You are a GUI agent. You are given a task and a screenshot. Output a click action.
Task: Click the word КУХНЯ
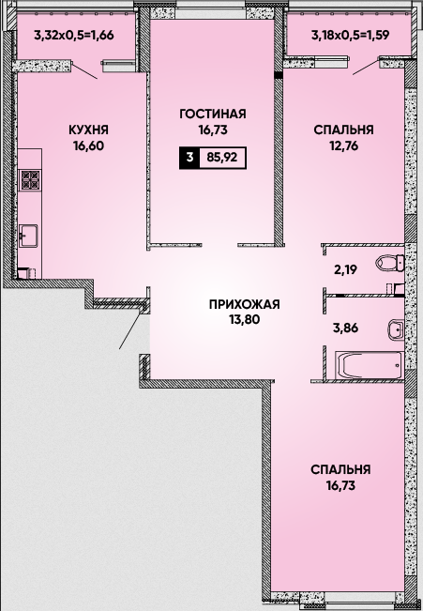pyautogui.click(x=88, y=130)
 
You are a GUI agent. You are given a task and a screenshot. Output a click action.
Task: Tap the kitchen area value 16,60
pyautogui.click(x=88, y=145)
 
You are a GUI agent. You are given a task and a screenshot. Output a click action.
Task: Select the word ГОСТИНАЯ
pyautogui.click(x=213, y=114)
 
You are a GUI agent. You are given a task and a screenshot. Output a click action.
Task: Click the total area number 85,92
pyautogui.click(x=221, y=158)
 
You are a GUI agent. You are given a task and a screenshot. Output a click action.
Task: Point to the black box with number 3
pyautogui.click(x=189, y=158)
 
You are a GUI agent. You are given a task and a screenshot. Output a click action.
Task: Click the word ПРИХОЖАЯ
pyautogui.click(x=244, y=304)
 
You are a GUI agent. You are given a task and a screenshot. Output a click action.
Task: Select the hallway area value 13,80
pyautogui.click(x=244, y=319)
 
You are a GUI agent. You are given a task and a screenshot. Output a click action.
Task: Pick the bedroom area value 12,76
pyautogui.click(x=343, y=145)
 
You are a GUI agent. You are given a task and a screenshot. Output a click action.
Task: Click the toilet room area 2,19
pyautogui.click(x=346, y=269)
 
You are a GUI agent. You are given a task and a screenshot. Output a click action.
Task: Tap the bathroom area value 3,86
pyautogui.click(x=346, y=328)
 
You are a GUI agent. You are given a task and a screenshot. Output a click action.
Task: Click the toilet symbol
pyautogui.click(x=390, y=263)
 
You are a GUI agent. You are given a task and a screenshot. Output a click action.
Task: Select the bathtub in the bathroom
pyautogui.click(x=370, y=365)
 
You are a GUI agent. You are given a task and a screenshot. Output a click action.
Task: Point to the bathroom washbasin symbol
pyautogui.click(x=396, y=330)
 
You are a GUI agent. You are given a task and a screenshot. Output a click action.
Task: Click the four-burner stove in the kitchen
pyautogui.click(x=31, y=180)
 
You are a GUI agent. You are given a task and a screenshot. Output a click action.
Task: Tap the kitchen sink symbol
pyautogui.click(x=29, y=235)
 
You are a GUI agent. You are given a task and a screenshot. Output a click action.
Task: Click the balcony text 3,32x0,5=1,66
pyautogui.click(x=74, y=36)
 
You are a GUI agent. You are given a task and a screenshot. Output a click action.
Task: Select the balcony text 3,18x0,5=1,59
pyautogui.click(x=350, y=36)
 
